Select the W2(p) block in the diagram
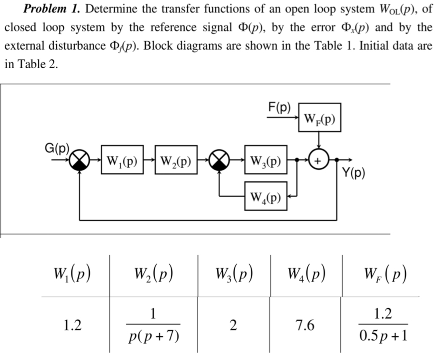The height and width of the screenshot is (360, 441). pyautogui.click(x=176, y=159)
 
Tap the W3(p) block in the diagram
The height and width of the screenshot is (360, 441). pyautogui.click(x=266, y=159)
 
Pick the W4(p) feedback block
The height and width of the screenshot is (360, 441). pyautogui.click(x=266, y=196)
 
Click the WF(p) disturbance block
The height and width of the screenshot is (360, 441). pyautogui.click(x=319, y=117)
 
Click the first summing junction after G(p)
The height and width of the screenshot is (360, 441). pyautogui.click(x=79, y=159)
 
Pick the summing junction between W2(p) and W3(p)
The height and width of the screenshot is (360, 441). pyautogui.click(x=219, y=159)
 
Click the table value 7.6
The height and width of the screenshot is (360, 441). pyautogui.click(x=306, y=325)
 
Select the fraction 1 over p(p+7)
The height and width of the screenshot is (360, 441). pyautogui.click(x=153, y=325)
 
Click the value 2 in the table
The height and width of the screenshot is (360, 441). pyautogui.click(x=233, y=325)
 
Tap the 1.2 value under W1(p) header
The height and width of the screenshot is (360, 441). pyautogui.click(x=72, y=325)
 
